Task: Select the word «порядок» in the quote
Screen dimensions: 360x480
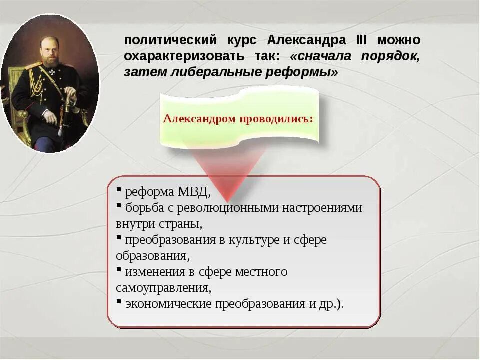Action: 390,56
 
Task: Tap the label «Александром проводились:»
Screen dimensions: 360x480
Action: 238,119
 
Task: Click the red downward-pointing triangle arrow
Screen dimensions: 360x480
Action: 227,170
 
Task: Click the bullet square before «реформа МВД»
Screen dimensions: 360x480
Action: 119,190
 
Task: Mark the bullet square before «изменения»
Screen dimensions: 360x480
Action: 119,270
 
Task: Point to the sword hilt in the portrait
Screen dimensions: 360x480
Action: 70,97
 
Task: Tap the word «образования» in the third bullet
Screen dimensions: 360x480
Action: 152,256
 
